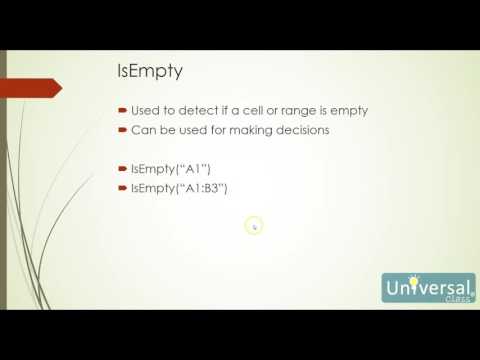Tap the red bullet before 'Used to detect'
tap(121, 110)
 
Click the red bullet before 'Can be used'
tap(121, 130)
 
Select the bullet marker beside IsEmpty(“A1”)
tap(121, 167)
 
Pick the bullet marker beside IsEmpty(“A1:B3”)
tap(121, 187)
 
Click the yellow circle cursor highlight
tap(253, 226)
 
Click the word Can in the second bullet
tap(141, 130)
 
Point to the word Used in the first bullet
tap(144, 110)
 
